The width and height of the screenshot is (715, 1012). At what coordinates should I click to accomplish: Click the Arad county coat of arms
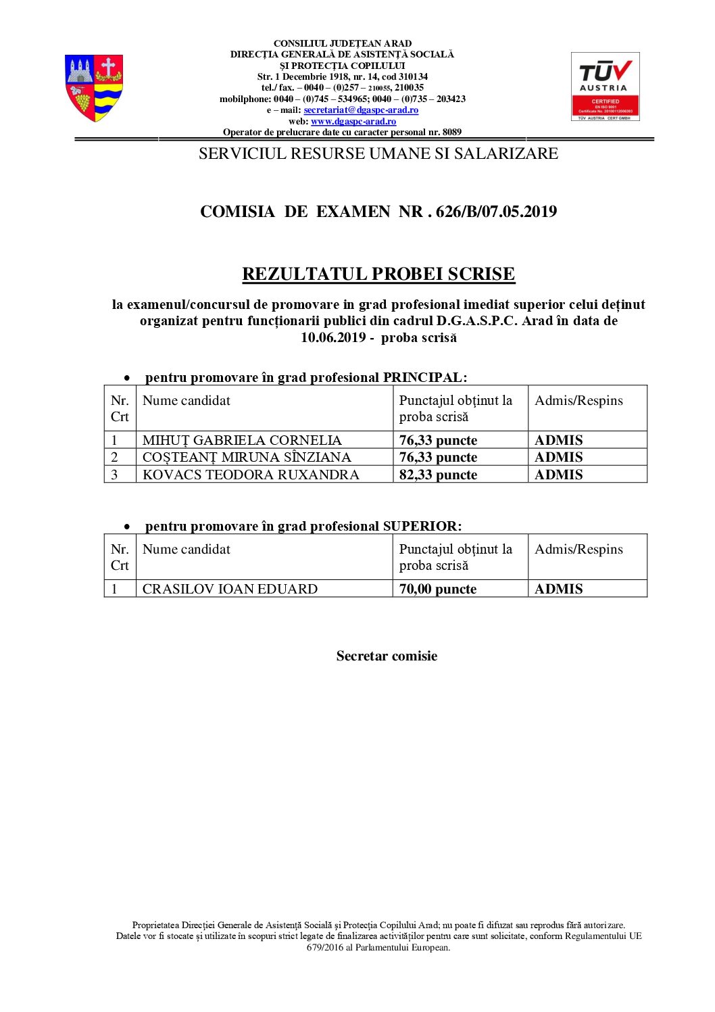point(94,88)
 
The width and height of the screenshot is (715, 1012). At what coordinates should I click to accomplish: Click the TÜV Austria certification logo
point(605,86)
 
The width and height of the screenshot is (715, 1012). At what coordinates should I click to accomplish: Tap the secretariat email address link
point(361,110)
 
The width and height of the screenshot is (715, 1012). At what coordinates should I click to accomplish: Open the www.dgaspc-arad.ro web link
point(353,122)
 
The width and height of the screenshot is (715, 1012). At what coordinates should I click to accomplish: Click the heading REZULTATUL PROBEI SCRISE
point(378,274)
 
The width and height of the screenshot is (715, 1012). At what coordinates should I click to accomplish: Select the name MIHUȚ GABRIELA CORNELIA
point(242,440)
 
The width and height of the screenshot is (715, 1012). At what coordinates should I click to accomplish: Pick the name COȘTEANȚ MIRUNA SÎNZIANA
point(247,457)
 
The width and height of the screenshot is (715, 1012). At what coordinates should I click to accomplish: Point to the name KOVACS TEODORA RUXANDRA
point(251,475)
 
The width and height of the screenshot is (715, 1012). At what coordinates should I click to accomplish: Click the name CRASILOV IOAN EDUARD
point(230,589)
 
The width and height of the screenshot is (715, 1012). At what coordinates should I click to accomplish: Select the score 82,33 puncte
point(438,475)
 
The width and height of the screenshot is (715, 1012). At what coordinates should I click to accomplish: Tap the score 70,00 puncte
point(438,589)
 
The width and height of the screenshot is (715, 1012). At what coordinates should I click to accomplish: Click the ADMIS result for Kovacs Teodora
point(558,475)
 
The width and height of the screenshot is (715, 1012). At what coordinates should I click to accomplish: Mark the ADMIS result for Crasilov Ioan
point(558,589)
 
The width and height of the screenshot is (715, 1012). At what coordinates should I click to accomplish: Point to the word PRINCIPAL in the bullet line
point(423,377)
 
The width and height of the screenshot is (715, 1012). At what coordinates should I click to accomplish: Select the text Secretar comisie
point(387,656)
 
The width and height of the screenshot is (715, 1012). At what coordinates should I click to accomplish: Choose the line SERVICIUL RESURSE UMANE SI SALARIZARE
point(378,153)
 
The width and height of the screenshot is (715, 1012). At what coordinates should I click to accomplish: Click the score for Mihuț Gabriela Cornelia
point(438,440)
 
